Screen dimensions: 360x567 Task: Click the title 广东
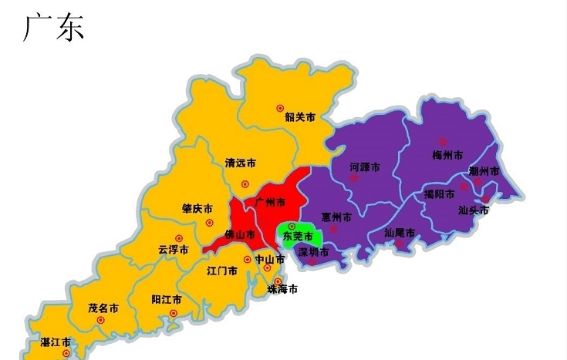[53, 28]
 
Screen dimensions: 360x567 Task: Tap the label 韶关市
[300, 117]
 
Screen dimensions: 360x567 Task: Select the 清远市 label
[241, 163]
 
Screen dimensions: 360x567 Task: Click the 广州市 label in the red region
[269, 202]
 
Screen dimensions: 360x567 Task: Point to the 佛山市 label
[239, 234]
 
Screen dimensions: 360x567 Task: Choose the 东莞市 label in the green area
[298, 235]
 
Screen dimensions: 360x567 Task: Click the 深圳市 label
[313, 251]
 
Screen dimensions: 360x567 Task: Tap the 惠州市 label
[336, 217]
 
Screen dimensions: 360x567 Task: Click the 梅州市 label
[447, 154]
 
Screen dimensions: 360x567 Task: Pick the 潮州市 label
[484, 170]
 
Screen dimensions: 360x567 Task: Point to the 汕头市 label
[473, 209]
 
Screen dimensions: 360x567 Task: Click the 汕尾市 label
[400, 232]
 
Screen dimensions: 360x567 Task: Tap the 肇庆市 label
[197, 208]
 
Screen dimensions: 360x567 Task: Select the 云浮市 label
[174, 249]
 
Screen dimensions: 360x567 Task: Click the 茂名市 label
[103, 307]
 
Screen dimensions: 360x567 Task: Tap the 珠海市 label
[282, 290]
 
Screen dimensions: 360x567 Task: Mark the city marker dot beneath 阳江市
[174, 313]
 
